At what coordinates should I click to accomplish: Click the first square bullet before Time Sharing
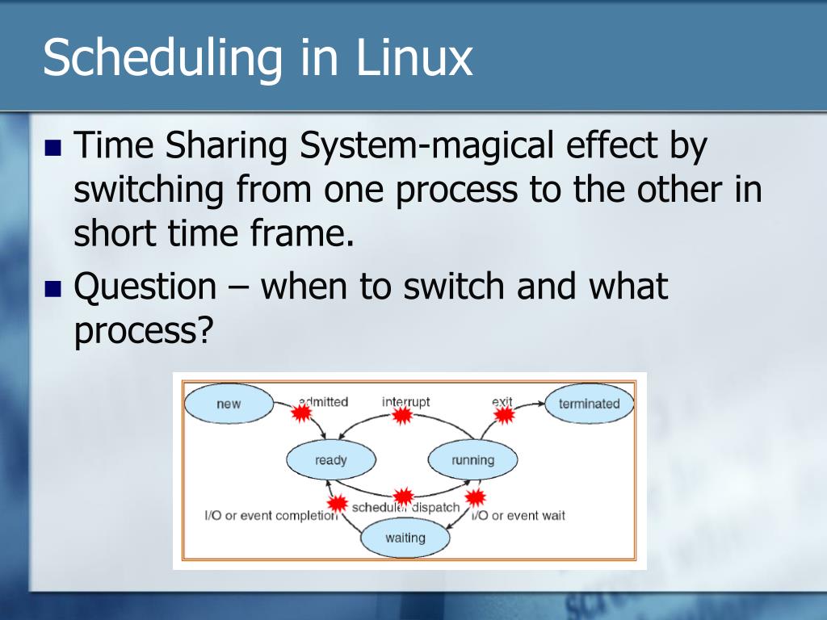53,149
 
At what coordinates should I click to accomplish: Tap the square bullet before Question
53,288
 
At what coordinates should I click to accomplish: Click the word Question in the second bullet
145,287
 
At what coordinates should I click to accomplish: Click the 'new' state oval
229,404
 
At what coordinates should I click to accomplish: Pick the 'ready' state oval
330,460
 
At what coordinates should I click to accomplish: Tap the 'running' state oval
472,460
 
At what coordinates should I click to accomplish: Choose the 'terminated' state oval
589,404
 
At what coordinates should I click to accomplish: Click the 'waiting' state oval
405,538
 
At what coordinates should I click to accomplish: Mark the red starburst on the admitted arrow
301,413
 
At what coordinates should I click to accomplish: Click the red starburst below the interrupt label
401,415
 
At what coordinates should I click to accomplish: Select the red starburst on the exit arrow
504,414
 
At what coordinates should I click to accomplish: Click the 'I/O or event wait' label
518,515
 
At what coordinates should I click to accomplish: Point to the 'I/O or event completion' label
270,515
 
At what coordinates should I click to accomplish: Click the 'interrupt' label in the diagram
405,401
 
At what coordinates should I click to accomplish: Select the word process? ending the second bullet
141,331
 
